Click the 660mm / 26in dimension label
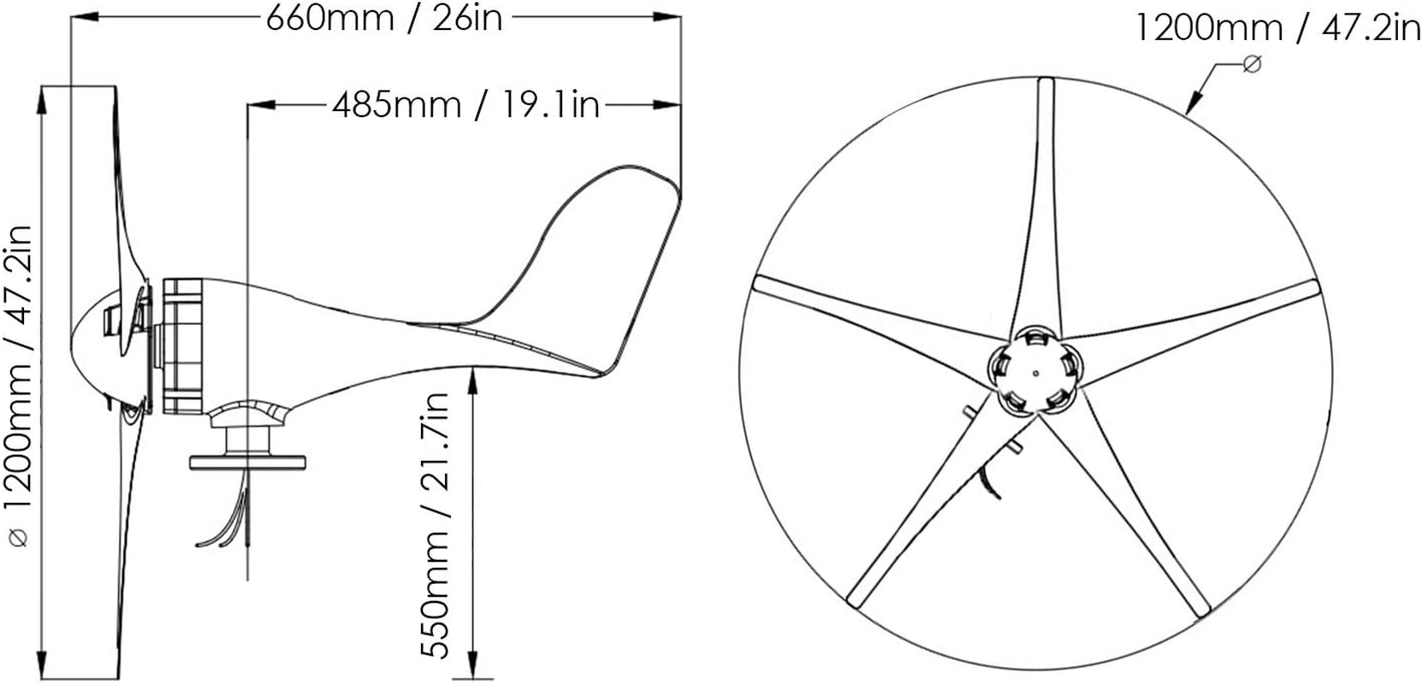(x=384, y=18)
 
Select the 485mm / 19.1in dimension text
(x=465, y=105)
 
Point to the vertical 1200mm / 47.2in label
(x=18, y=385)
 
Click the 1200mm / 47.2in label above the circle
(x=1277, y=28)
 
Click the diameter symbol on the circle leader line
(x=1251, y=63)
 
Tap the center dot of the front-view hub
(x=1035, y=372)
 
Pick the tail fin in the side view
(x=590, y=256)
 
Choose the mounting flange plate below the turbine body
(x=248, y=461)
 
